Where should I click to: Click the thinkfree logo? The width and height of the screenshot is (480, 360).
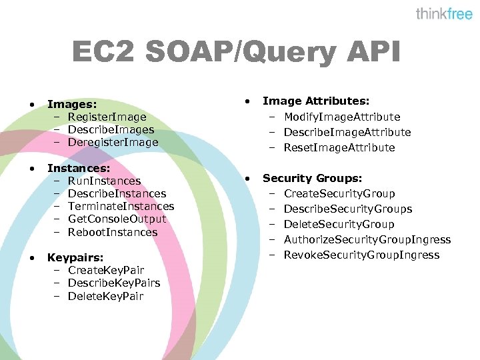444,14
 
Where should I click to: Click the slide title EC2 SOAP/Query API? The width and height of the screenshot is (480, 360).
236,53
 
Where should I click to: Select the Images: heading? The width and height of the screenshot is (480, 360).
72,104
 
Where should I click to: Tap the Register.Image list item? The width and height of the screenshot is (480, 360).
107,117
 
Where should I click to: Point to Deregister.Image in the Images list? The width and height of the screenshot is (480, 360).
113,142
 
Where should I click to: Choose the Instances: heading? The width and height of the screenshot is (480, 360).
79,168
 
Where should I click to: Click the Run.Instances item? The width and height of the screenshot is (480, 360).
104,181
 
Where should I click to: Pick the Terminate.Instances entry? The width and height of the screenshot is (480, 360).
121,206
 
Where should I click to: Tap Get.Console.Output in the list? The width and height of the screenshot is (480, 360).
117,219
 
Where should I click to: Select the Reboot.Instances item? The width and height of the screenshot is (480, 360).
113,232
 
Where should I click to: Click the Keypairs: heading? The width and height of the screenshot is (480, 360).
75,257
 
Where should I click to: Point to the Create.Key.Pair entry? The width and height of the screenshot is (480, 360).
106,270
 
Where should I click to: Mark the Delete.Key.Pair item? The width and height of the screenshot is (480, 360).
105,296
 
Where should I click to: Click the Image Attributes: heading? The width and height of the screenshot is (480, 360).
316,101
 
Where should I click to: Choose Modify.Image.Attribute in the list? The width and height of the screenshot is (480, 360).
342,117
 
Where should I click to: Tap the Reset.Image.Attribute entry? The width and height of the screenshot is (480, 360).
339,147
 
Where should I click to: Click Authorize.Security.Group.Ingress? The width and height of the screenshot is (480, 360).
367,239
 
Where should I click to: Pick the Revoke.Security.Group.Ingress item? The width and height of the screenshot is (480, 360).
361,255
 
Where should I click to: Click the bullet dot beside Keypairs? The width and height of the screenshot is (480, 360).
32,257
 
